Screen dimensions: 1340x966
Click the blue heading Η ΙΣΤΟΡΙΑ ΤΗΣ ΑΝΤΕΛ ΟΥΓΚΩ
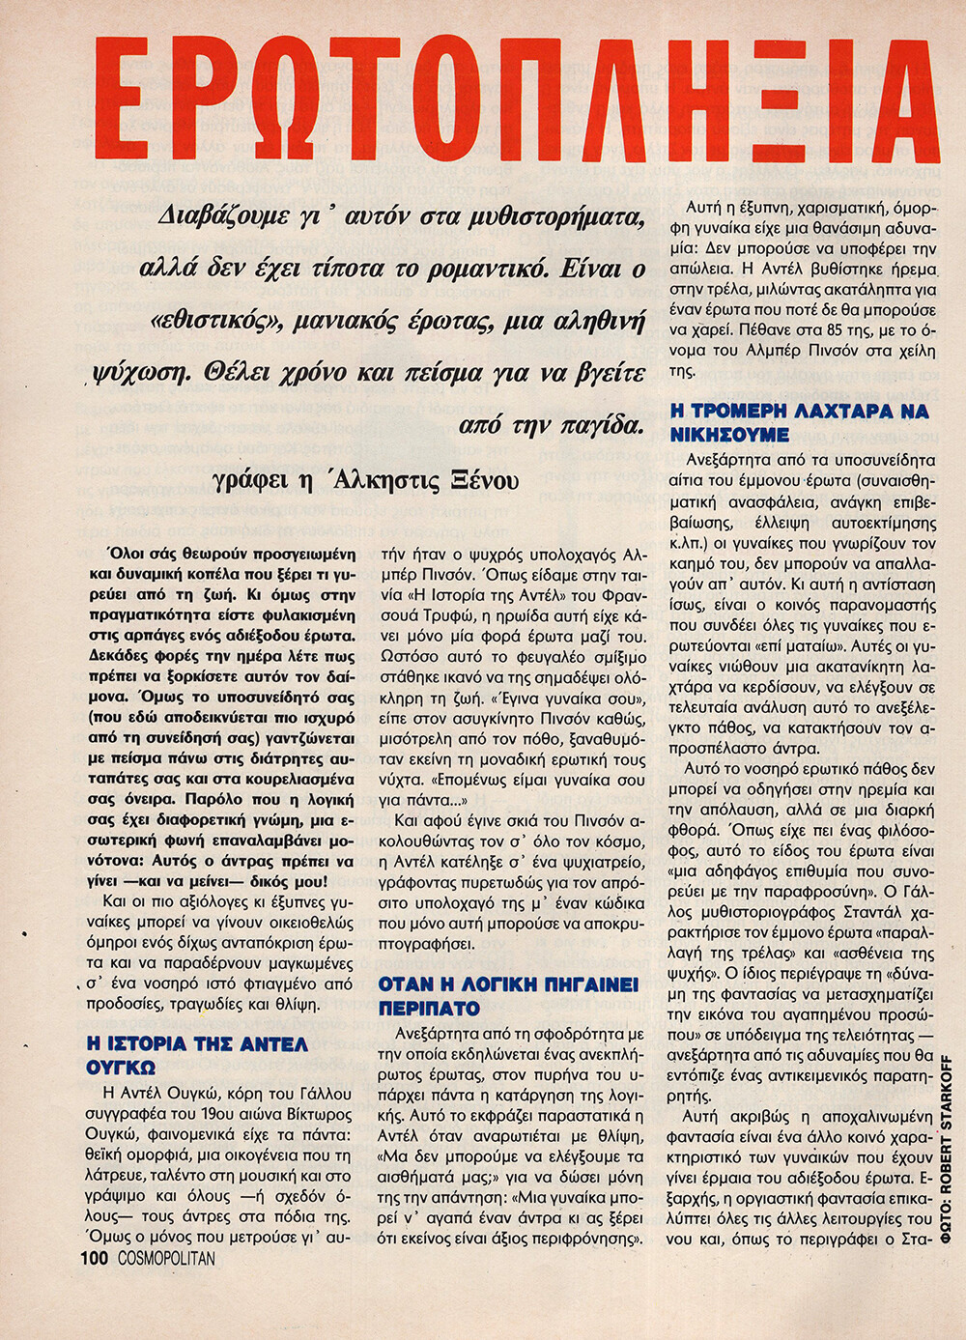(197, 1056)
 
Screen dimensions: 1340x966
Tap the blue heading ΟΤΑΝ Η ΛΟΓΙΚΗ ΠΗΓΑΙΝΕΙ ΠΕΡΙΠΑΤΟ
(508, 996)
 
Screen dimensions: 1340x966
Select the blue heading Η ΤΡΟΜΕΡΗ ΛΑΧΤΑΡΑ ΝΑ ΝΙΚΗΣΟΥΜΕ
(799, 422)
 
